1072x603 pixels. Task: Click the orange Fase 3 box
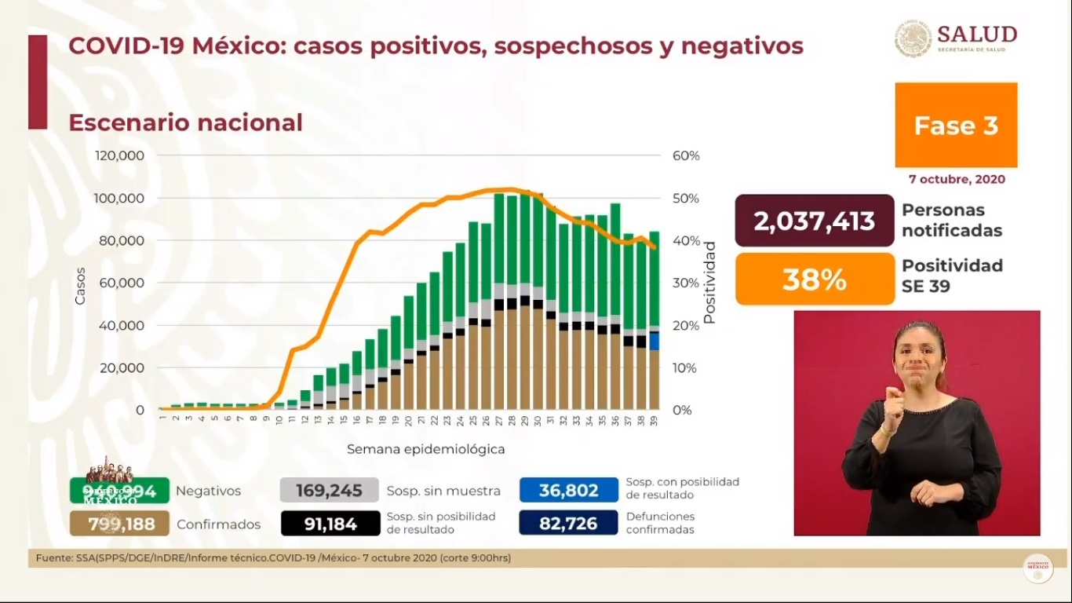[956, 125]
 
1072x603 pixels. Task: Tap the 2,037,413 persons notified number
[815, 221]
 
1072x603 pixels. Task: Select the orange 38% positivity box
[815, 279]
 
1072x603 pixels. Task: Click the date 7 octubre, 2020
[957, 179]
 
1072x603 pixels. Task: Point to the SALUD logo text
[976, 35]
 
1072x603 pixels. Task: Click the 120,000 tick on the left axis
[119, 155]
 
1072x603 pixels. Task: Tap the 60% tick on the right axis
[686, 155]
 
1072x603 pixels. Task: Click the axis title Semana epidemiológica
[426, 449]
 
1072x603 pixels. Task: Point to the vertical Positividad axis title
[709, 283]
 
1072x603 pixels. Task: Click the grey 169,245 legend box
[329, 491]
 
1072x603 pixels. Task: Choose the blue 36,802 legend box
[568, 491]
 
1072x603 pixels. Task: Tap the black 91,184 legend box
[330, 524]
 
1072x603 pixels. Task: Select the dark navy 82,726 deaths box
[568, 524]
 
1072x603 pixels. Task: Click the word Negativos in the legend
[208, 491]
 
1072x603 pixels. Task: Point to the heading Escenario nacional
[185, 122]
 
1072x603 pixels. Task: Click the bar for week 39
[654, 322]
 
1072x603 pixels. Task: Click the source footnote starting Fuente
[273, 558]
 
